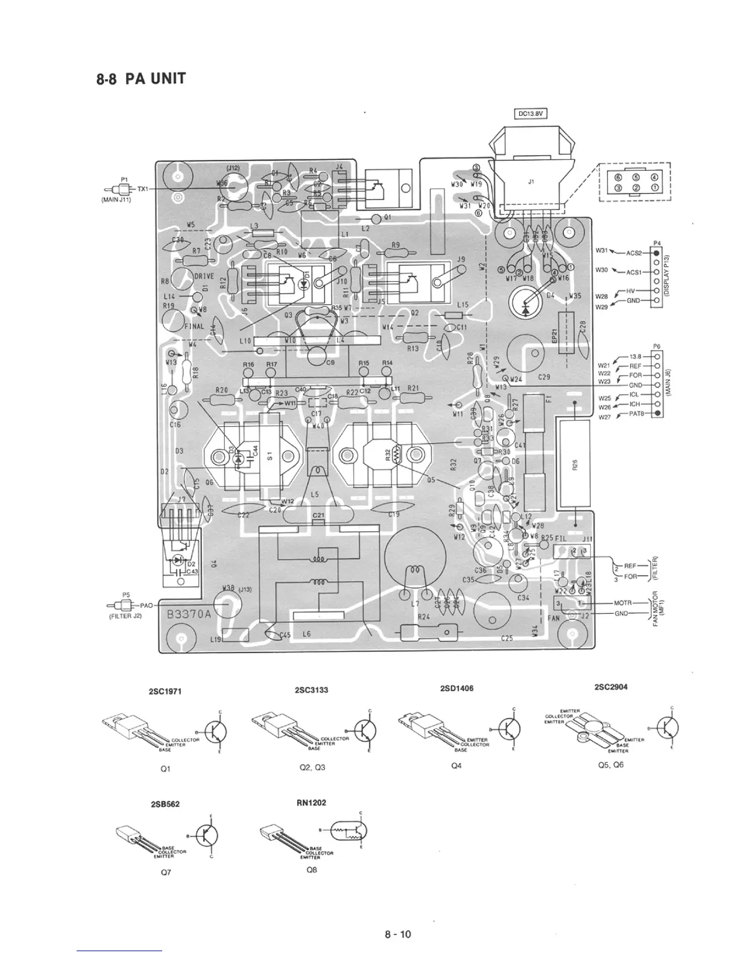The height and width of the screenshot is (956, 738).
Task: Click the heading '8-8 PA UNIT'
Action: [140, 78]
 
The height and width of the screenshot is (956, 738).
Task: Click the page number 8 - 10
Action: [398, 935]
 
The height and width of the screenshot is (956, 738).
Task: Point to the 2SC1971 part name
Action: [165, 692]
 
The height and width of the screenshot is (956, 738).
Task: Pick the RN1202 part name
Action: [312, 803]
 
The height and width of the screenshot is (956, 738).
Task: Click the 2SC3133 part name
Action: [312, 689]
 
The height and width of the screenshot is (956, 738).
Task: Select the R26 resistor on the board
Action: [575, 464]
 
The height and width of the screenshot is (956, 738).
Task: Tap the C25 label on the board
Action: [507, 638]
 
